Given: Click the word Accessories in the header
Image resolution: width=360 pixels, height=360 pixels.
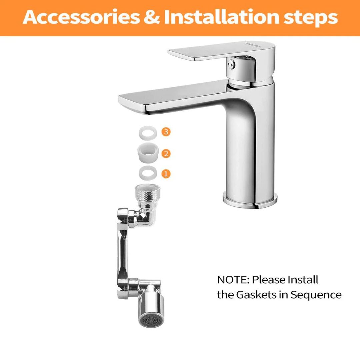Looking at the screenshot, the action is (x=81, y=17).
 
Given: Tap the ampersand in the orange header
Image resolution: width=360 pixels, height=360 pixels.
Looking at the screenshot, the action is (x=152, y=17).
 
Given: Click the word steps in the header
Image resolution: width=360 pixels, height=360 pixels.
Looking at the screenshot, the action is (x=311, y=18).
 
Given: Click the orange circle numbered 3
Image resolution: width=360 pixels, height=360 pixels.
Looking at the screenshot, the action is (x=166, y=132).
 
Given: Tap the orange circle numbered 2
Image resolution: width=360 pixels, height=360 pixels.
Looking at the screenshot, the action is (x=166, y=153).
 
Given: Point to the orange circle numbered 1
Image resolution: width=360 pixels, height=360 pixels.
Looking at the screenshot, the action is (x=166, y=174).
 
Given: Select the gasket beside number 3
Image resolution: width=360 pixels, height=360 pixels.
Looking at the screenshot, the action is (x=148, y=133).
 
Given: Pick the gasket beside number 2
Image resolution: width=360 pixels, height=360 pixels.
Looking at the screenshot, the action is (x=148, y=152).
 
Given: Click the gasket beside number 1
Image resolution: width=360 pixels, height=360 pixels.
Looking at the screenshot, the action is (x=148, y=173).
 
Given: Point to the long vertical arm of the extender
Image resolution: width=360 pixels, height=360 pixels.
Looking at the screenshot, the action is (x=122, y=253).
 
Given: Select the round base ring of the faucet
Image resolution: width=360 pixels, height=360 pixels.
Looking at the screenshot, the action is (x=250, y=200).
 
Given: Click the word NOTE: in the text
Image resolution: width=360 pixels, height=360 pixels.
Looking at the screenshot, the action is (x=233, y=280).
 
